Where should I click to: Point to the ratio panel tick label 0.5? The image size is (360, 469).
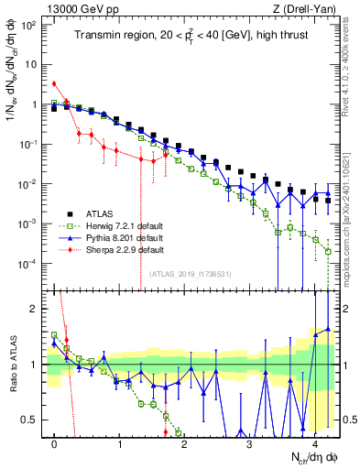coord(33,420)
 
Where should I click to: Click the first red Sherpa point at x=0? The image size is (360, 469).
coord(55,83)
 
